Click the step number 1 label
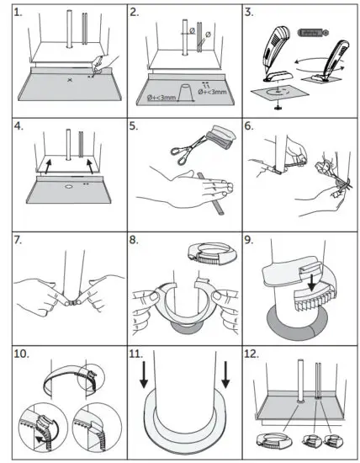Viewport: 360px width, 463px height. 14,13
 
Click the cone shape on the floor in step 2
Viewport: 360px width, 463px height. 180,90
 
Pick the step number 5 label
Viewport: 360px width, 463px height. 137,126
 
